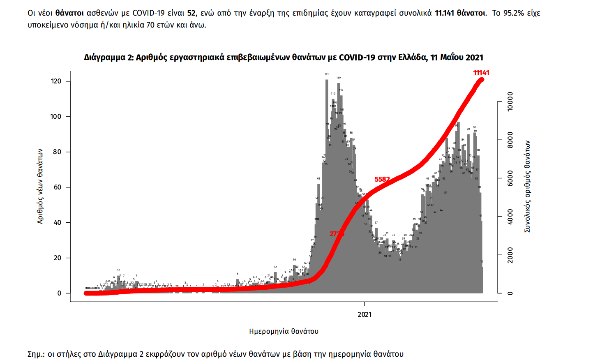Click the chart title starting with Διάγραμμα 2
pos(284,58)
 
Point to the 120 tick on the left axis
pos(56,81)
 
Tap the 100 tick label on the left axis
pos(56,117)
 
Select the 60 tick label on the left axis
pos(58,187)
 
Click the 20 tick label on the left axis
pos(58,258)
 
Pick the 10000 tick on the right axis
pos(510,101)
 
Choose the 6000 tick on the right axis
pos(510,178)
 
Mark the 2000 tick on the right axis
pos(510,255)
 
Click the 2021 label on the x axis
pos(365,315)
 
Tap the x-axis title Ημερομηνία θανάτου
pos(284,331)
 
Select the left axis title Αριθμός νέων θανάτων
pos(40,186)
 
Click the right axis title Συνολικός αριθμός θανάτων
pos(527,186)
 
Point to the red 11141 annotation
pos(481,73)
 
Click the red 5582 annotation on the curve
pos(382,179)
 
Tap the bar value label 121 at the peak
pos(327,74)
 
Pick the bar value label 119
pos(338,78)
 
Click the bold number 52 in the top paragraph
pos(191,13)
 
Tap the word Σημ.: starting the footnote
pos(36,354)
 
